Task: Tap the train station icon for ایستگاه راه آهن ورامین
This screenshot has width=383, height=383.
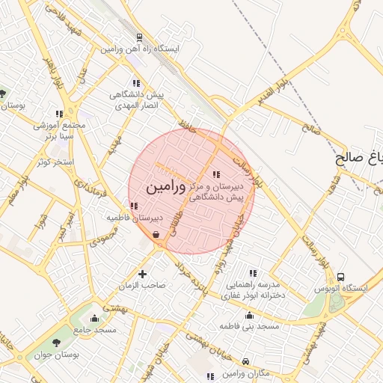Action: point(139,37)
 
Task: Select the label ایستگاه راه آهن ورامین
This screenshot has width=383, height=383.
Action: point(140,49)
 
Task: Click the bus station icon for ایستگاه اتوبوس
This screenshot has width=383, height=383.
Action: point(341,278)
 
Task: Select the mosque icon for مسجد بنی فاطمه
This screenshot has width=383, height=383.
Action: point(249,315)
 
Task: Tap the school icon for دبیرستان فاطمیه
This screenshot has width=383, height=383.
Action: point(134,206)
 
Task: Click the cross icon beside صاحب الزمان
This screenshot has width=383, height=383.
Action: point(142,275)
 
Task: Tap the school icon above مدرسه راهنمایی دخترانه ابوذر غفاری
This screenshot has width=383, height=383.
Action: point(253,273)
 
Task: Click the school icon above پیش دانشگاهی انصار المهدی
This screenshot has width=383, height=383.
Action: point(135,83)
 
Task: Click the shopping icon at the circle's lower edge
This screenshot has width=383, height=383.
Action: point(155,235)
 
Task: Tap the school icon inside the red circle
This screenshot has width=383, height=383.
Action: point(217,174)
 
